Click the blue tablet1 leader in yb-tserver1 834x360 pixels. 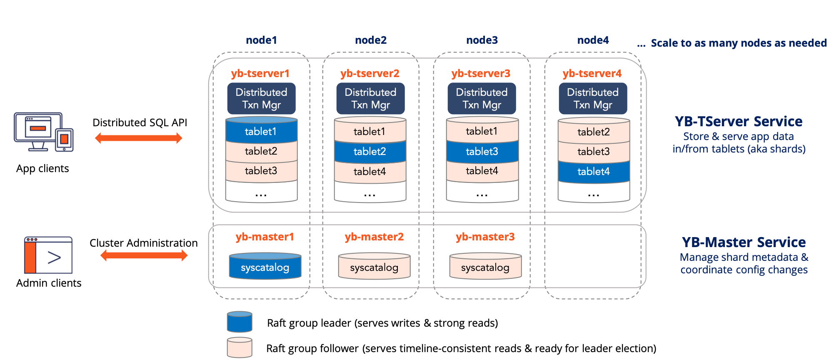261,132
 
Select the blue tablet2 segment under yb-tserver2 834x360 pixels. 370,151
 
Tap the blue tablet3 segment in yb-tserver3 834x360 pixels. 482,151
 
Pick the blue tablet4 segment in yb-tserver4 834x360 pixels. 594,171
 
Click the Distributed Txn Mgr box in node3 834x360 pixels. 482,99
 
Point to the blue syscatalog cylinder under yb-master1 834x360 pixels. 265,267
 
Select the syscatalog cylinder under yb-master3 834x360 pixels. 485,267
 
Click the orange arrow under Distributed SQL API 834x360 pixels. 138,138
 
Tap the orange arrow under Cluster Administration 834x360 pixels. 144,255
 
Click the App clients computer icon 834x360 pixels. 43,132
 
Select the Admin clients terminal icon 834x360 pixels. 48,255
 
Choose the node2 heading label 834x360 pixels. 371,40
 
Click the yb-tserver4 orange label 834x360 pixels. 592,74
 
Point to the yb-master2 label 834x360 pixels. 374,237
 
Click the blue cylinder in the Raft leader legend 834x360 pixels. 240,322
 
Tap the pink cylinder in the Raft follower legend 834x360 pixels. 240,347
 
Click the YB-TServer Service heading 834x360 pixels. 739,122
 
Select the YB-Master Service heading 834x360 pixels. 744,242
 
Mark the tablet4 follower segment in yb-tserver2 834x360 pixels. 370,171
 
